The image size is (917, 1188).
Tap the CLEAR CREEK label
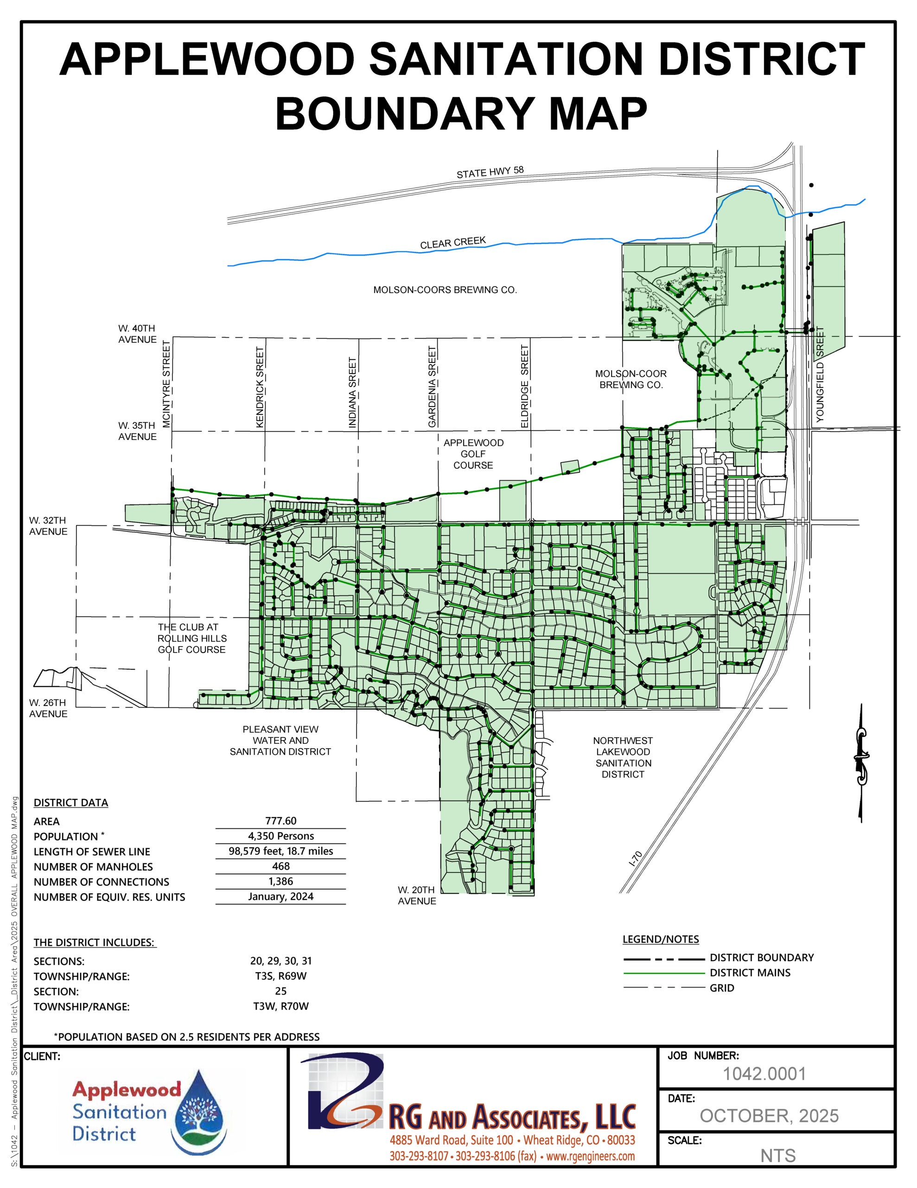coord(453,243)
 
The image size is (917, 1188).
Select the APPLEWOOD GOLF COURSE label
coord(473,454)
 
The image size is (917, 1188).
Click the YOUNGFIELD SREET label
coord(820,374)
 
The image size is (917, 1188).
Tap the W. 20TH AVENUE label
coord(416,895)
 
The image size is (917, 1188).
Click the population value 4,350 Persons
coord(280,835)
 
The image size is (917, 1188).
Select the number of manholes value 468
coord(280,866)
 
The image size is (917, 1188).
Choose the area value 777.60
coord(280,820)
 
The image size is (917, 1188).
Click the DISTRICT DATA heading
coord(70,802)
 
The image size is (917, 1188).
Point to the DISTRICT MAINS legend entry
coord(750,972)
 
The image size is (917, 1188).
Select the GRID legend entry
coord(721,987)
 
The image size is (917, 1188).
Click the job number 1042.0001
coord(764,1073)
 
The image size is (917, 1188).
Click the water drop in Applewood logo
coord(199,1111)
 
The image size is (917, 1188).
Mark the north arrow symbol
coord(860,762)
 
